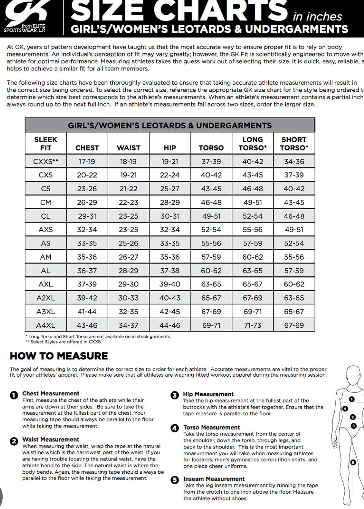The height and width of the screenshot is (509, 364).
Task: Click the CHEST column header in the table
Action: click(87, 148)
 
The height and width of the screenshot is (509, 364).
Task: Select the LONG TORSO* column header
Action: click(252, 144)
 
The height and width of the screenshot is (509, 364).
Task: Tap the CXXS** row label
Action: click(46, 161)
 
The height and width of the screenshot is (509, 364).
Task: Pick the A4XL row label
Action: click(46, 325)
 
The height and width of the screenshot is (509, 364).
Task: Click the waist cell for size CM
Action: click(128, 202)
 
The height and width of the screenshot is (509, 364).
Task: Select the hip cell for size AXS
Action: click(170, 230)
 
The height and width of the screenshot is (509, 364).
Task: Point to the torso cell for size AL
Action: click(211, 271)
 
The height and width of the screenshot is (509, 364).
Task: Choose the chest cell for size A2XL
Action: click(87, 298)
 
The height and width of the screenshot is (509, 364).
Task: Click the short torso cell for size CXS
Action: click(294, 175)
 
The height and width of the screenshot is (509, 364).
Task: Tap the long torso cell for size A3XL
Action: click(252, 312)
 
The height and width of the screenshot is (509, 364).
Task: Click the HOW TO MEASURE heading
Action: click(59, 356)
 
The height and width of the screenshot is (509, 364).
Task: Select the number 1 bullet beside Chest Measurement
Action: click(14, 395)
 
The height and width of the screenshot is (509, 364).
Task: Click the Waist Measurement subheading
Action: click(50, 439)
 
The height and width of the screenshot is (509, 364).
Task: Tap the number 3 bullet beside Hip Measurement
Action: click(175, 395)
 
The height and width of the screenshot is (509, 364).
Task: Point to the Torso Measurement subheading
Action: click(211, 428)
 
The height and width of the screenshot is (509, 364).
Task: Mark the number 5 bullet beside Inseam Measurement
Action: click(175, 480)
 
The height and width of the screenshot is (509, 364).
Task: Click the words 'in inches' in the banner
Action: click(317, 17)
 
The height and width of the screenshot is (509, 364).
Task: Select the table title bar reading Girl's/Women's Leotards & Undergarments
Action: click(170, 125)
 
